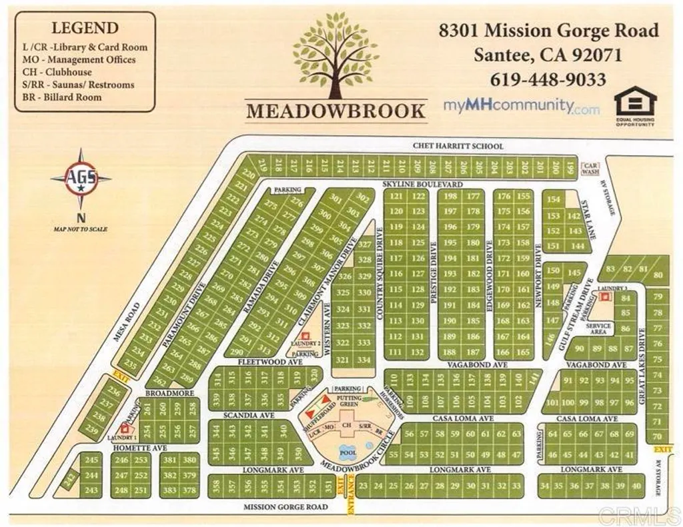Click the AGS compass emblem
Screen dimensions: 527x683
point(81,179)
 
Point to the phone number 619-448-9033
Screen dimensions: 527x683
point(548,80)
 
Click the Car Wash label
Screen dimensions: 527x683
point(590,169)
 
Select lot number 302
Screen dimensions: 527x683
point(362,198)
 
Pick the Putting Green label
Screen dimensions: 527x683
point(349,400)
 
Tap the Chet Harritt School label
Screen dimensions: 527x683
point(458,146)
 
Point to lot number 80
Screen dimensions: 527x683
point(658,275)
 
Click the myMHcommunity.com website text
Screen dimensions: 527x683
point(522,107)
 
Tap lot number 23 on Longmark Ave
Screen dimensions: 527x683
point(363,486)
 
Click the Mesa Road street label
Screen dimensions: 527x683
point(126,321)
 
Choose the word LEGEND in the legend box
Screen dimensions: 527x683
point(85,28)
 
